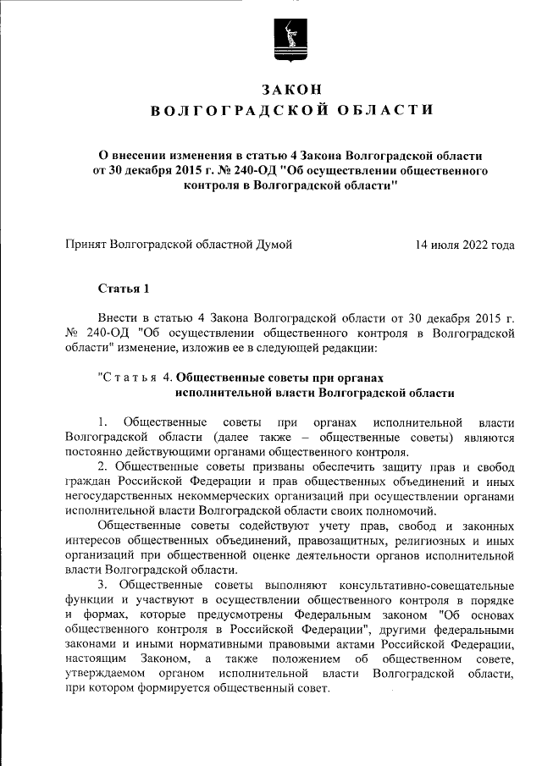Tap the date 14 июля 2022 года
(465, 245)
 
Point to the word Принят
(90, 245)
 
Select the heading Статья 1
(124, 289)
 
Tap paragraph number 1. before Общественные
(102, 422)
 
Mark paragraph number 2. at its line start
(102, 466)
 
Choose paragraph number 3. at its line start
(102, 585)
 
